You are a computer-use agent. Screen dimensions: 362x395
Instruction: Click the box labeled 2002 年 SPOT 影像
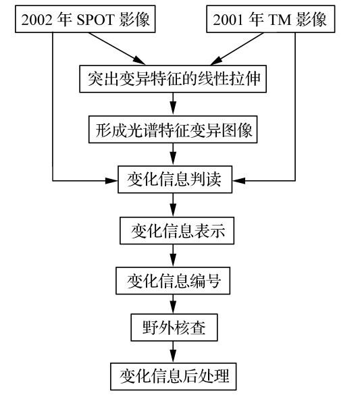[x=85, y=19]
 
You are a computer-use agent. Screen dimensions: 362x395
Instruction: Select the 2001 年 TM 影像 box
[x=271, y=19]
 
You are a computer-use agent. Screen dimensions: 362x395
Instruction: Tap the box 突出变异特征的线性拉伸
[x=173, y=79]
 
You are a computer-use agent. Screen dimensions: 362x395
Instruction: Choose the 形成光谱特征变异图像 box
[x=173, y=130]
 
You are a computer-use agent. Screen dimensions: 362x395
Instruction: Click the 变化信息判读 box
[x=175, y=180]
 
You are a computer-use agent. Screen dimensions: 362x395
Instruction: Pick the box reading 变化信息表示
[x=177, y=231]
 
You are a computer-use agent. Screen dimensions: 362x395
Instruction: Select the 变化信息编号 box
[x=173, y=281]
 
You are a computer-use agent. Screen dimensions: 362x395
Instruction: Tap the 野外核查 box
[x=174, y=327]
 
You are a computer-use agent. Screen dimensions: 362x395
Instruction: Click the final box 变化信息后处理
[x=174, y=376]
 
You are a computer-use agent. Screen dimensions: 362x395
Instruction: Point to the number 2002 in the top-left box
[x=37, y=20]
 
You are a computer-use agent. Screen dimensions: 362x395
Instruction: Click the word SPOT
[x=96, y=20]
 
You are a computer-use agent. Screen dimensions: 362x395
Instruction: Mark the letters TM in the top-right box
[x=280, y=20]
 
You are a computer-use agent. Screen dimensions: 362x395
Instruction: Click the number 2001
[x=229, y=20]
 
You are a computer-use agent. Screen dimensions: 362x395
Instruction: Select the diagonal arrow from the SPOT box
[x=117, y=49]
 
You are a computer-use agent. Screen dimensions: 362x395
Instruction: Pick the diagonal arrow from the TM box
[x=237, y=49]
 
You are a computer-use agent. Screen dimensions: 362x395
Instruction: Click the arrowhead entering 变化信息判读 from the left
[x=111, y=181]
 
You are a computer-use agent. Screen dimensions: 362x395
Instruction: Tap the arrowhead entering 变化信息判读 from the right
[x=238, y=181]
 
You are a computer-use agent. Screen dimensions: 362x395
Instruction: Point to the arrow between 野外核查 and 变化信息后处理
[x=173, y=352]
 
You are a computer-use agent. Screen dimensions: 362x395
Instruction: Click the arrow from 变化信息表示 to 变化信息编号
[x=173, y=256]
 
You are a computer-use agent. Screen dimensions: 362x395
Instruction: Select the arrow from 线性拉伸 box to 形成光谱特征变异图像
[x=173, y=104]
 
